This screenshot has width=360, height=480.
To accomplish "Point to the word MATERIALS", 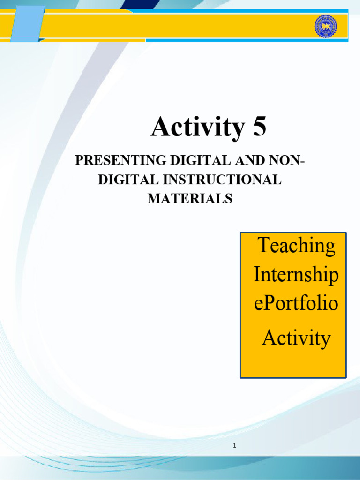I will click(x=190, y=199).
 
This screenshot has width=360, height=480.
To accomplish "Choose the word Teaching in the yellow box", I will click(x=296, y=246).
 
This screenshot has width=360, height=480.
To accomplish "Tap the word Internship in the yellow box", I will click(x=296, y=275).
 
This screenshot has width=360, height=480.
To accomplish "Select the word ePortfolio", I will click(x=296, y=303).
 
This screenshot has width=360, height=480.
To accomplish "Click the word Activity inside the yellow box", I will click(x=296, y=337).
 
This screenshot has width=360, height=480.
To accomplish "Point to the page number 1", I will click(x=233, y=445).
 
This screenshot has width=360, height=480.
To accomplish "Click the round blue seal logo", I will click(x=325, y=27).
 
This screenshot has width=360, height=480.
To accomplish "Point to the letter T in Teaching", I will click(x=263, y=246).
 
